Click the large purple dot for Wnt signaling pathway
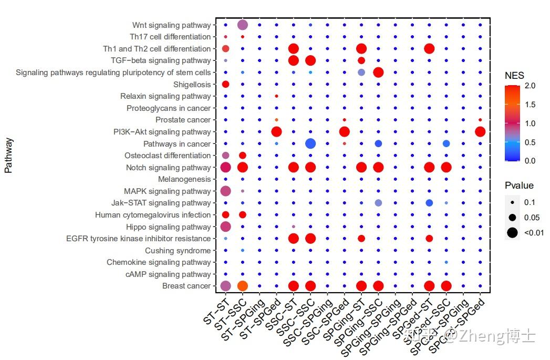pos(243,25)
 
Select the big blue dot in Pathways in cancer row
pos(310,143)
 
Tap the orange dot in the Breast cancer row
pos(243,286)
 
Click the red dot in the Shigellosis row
pos(225,84)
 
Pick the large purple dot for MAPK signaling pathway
pos(225,191)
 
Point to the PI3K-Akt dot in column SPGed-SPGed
pos(480,131)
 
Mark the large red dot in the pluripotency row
pos(378,72)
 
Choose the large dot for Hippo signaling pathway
pos(225,227)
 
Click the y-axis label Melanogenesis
pos(184,179)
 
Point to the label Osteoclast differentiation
pos(168,156)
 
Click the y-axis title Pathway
pos(8,156)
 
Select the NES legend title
pos(514,76)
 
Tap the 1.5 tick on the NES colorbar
pos(530,105)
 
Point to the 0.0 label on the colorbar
pos(530,161)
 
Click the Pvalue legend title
pos(519,186)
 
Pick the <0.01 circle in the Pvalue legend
pos(512,232)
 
